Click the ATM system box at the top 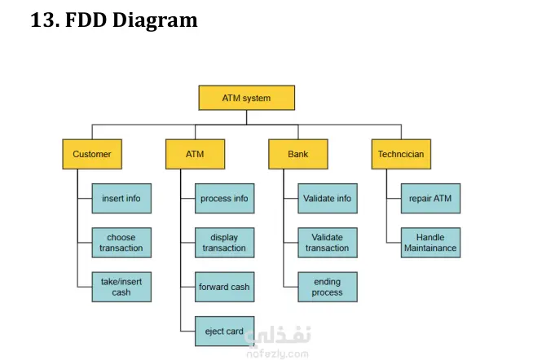(x=246, y=98)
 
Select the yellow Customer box (x=92, y=153)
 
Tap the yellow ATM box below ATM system (x=195, y=153)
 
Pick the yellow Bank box (x=298, y=153)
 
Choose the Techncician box (x=401, y=153)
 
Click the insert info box (x=121, y=198)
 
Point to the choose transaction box (x=121, y=243)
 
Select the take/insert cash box (x=121, y=287)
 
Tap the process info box (x=224, y=198)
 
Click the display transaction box (x=224, y=243)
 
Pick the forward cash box (x=224, y=287)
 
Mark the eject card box (x=224, y=331)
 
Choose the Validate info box (x=328, y=198)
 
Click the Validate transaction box (x=328, y=243)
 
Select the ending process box (x=328, y=287)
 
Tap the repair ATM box (x=430, y=198)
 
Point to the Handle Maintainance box (x=430, y=243)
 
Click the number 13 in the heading (x=41, y=20)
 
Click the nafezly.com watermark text (x=277, y=353)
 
